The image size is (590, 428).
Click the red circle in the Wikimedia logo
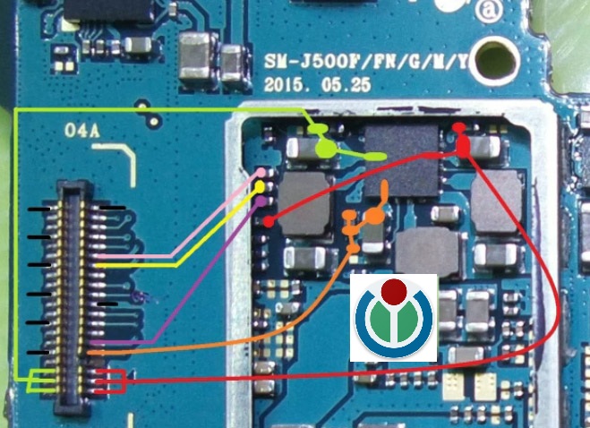394,291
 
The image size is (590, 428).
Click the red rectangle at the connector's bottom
109,381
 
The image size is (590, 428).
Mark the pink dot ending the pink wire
261,172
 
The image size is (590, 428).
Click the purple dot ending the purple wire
261,201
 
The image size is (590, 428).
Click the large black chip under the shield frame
404,160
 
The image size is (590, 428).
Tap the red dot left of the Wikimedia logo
268,220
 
